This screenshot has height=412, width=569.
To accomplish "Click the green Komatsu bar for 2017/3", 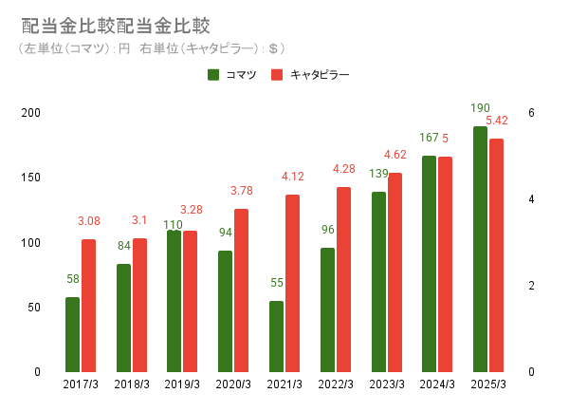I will [73, 334].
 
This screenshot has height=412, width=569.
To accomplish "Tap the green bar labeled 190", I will [480, 249].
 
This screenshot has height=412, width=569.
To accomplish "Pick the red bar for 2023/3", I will [395, 272].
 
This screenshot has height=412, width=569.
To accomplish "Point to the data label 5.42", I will [496, 121].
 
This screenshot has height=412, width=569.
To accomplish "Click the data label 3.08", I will [88, 222].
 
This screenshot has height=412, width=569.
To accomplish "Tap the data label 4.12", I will [293, 177].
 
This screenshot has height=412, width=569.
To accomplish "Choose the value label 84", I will [123, 247].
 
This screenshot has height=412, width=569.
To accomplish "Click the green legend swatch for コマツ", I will [213, 74].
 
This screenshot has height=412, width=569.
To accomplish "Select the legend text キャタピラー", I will [320, 74].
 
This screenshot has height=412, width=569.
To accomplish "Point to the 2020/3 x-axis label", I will [233, 384].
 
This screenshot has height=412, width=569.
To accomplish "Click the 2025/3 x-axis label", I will [488, 384].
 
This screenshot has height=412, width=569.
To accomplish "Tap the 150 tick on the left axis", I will [31, 178].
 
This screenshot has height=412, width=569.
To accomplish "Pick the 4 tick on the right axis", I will [532, 199].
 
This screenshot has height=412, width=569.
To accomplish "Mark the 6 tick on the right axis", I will [532, 113].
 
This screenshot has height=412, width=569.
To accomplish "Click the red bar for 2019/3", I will [191, 301].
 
